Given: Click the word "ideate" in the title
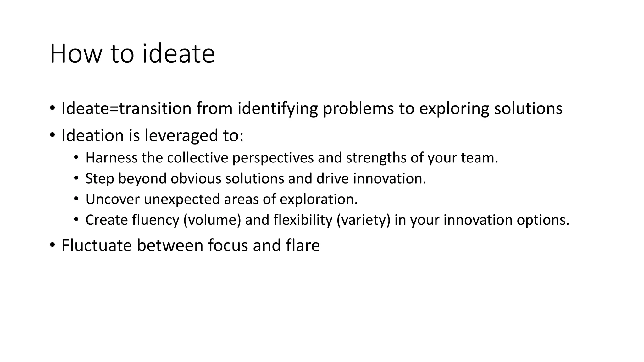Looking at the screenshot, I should [x=178, y=54].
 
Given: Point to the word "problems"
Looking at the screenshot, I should [x=358, y=109].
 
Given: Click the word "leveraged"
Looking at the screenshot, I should [x=180, y=136].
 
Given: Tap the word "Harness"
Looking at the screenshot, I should [x=111, y=158].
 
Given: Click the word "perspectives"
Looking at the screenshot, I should [x=273, y=158].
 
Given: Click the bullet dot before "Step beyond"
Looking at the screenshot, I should [x=76, y=178].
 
